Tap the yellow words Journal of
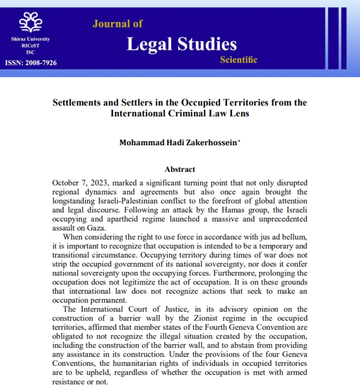pos(117,23)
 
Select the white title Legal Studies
pos(182,44)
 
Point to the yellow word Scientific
pos(239,60)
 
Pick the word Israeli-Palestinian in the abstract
pos(131,192)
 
